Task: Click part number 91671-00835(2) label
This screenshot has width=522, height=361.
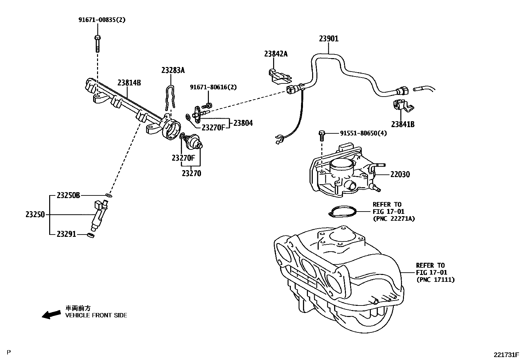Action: tap(102, 20)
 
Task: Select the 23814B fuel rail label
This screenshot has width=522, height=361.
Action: tap(130, 82)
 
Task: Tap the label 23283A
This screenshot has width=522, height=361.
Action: tap(173, 70)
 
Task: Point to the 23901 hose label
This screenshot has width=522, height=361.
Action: tap(329, 39)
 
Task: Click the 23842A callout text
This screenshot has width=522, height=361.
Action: tap(276, 54)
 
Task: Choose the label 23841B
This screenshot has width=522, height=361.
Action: tap(403, 124)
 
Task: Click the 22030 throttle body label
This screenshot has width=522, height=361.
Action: tap(400, 174)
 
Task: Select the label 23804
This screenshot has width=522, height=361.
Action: tap(243, 123)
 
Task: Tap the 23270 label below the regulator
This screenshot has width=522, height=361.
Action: tap(191, 173)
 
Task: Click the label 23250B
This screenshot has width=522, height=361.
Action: tap(68, 195)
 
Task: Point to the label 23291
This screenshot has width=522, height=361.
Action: tap(66, 234)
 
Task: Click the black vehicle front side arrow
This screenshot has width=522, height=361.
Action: tap(51, 314)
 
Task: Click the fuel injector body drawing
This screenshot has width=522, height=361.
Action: tap(100, 214)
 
